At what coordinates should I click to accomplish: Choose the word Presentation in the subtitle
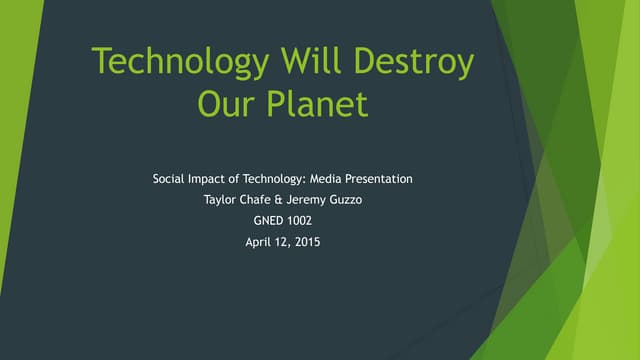point(380,179)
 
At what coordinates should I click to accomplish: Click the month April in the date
point(262,241)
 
